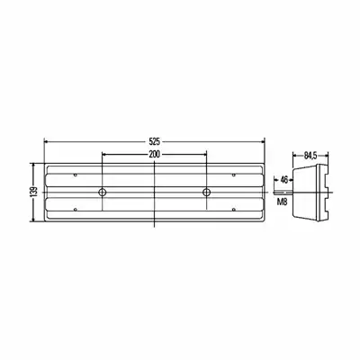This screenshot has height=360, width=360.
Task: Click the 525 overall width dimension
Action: click(155, 141)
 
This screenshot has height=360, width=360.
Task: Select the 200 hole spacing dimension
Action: click(155, 154)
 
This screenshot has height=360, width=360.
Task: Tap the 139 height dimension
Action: click(34, 192)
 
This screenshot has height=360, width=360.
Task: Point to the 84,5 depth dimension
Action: click(310, 156)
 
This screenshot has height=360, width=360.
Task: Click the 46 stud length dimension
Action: click(283, 180)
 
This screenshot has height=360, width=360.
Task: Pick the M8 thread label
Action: click(282, 202)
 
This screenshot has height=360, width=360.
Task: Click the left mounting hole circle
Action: click(103, 192)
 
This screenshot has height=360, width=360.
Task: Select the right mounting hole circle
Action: click(206, 192)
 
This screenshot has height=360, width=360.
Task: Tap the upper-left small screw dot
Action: click(76, 175)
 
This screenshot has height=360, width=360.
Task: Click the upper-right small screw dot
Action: click(234, 175)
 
